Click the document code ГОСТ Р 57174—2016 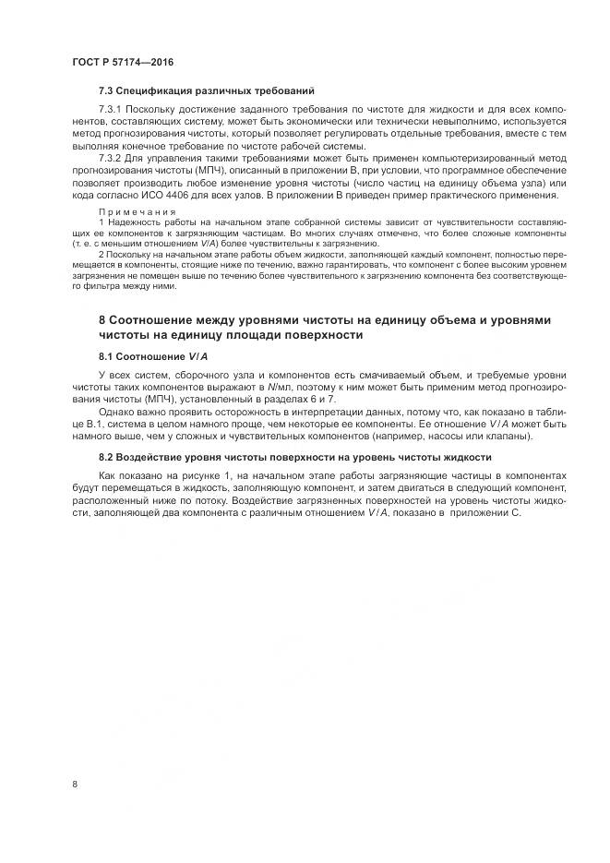[123, 62]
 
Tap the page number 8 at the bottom [75, 784]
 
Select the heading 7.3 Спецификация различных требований [207, 91]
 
